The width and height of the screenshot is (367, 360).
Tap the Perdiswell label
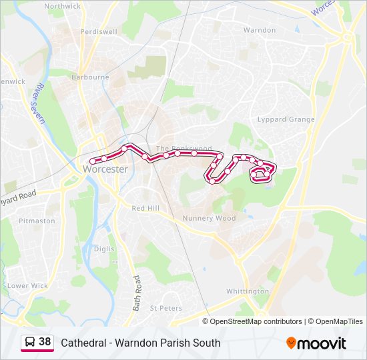[x=98, y=31]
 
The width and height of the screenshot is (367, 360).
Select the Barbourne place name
[x=91, y=77]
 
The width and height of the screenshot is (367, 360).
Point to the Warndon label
[x=260, y=31]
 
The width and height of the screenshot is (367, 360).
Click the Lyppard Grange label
[x=286, y=120]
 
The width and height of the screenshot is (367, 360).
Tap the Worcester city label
[x=105, y=169]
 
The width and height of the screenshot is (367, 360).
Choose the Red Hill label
[x=145, y=209]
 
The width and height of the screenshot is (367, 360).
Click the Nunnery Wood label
[x=209, y=218]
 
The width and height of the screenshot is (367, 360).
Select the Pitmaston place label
[x=37, y=221]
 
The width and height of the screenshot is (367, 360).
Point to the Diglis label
[x=104, y=249]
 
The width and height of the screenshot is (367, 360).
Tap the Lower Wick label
[x=28, y=286]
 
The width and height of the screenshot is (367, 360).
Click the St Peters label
[x=165, y=309]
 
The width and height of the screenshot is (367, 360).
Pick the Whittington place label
[x=247, y=292]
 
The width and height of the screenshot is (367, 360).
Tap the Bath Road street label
[x=136, y=293]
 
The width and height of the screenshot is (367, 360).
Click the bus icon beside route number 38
[x=30, y=343]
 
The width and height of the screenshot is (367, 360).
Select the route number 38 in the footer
[x=45, y=342]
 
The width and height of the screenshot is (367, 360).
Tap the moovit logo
[x=316, y=343]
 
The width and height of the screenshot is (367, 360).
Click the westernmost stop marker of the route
[x=92, y=161]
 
